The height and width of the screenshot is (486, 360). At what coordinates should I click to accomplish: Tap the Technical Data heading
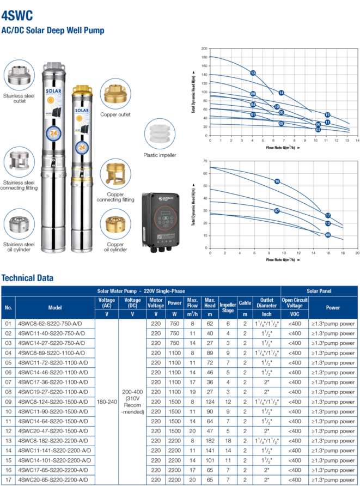pos(28,277)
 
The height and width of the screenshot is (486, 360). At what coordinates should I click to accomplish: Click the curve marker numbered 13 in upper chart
pos(253,72)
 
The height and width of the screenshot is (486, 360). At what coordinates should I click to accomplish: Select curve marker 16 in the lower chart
pos(277,181)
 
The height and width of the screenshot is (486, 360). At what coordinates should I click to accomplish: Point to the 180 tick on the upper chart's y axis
pos(204,57)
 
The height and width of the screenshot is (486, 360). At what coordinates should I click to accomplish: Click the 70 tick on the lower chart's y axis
pos(205,161)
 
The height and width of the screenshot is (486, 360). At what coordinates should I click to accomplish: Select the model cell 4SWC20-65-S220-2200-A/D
pos(52,479)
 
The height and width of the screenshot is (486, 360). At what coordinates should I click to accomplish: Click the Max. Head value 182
pos(210,441)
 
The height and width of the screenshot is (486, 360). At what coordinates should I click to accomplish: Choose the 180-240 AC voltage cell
pos(106,402)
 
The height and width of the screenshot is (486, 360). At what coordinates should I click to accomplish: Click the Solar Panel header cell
pos(320,291)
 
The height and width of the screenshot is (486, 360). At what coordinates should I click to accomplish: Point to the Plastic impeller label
pos(159,155)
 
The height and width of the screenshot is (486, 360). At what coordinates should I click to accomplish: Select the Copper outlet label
pos(115,115)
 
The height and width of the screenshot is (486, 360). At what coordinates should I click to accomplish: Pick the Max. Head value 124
pos(210,402)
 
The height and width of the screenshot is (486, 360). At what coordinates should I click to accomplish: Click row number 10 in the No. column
pos(8,411)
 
